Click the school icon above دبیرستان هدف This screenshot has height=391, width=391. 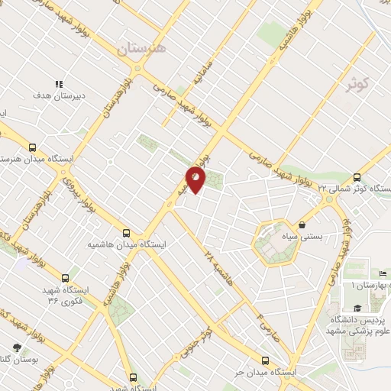[59, 85]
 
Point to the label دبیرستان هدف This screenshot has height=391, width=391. [58, 97]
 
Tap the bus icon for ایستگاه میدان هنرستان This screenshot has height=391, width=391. [31, 147]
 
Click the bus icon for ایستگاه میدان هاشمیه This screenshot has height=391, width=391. [127, 234]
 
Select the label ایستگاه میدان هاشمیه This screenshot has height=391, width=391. [127, 245]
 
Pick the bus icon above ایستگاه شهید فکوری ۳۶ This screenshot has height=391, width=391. [65, 279]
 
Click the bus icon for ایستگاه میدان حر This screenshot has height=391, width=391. [265, 360]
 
